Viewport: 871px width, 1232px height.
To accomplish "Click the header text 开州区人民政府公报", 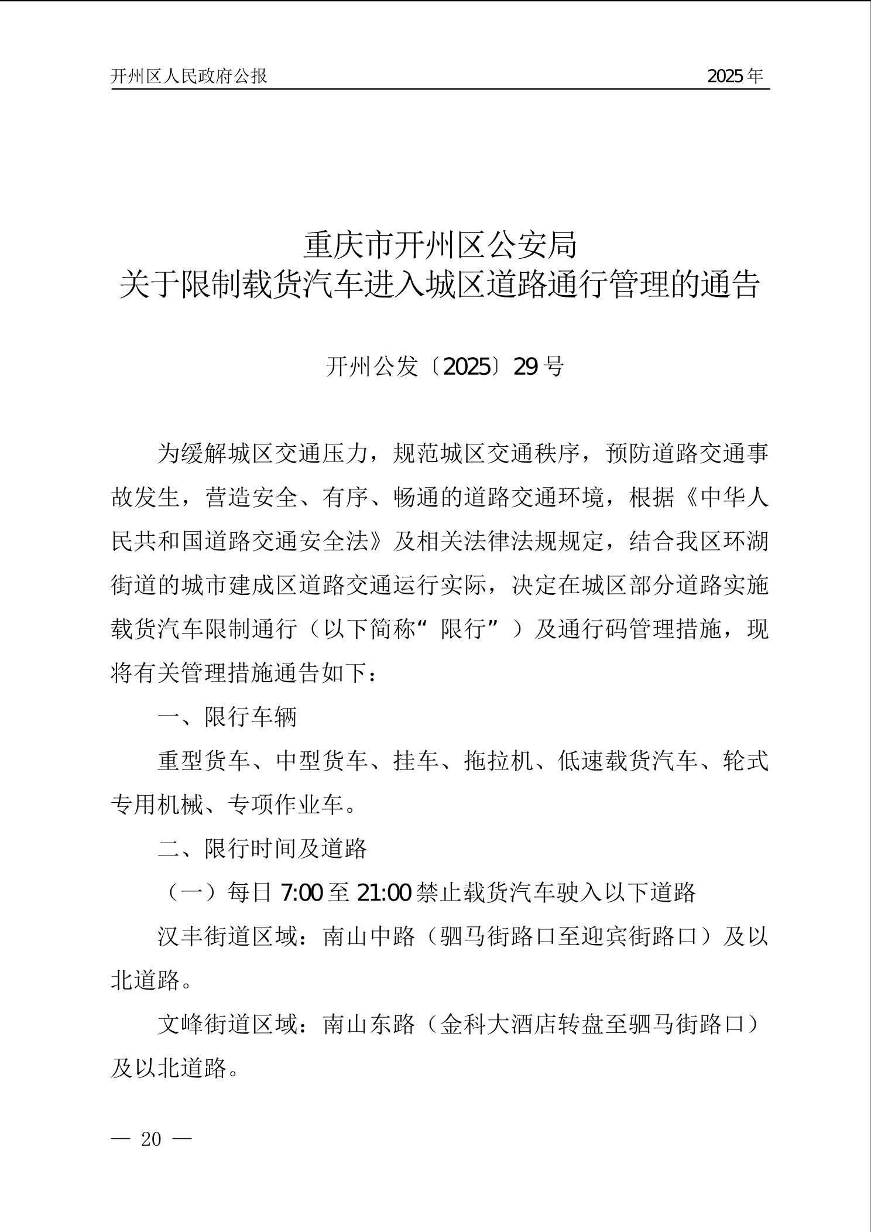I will tap(189, 76).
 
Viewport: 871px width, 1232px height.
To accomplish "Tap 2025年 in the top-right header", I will tap(735, 76).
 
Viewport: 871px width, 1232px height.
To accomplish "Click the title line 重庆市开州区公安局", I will tap(440, 245).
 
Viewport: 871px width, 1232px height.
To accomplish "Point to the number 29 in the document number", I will tap(525, 367).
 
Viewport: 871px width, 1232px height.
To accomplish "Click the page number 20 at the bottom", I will tap(151, 1139).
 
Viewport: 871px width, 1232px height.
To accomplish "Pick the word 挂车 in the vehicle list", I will tap(416, 761).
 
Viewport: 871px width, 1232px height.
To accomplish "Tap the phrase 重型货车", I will tap(204, 761).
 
